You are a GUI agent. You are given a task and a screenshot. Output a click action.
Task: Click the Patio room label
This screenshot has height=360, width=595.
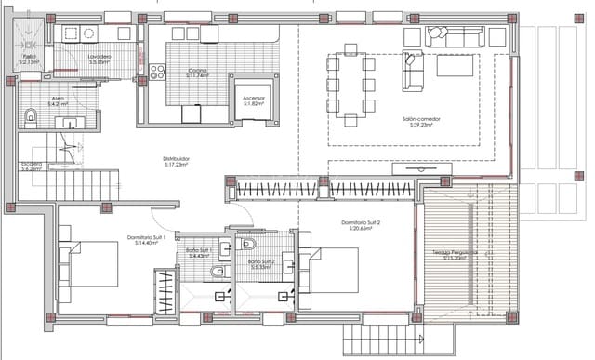[29, 60]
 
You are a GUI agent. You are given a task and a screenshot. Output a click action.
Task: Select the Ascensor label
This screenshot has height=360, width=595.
[254, 100]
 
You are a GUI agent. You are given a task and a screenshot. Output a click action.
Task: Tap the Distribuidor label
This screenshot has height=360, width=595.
[177, 162]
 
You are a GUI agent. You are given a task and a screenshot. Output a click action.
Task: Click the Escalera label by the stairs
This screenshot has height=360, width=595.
[32, 167]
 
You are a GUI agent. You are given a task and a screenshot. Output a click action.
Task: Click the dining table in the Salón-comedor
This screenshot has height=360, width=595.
[350, 88]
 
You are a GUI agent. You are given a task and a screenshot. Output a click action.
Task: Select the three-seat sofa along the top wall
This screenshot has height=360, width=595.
[456, 36]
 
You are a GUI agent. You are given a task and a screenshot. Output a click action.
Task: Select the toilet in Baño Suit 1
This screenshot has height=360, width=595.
[216, 272]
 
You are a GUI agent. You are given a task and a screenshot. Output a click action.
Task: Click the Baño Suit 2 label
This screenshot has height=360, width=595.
[261, 264]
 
